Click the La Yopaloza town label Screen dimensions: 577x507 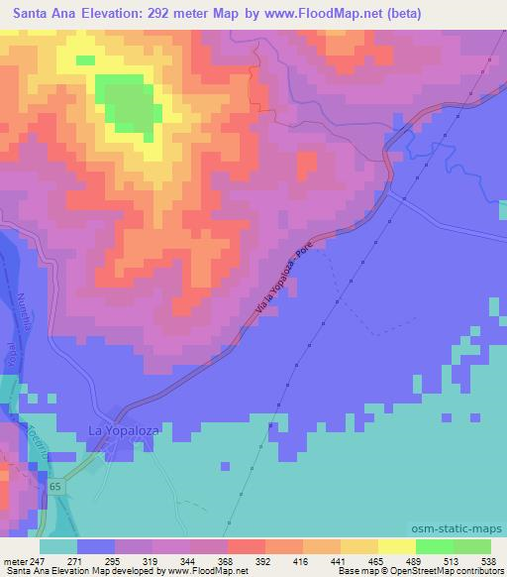click(123, 430)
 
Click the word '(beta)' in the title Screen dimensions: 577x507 click(403, 13)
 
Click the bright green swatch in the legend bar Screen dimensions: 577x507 click(435, 546)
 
